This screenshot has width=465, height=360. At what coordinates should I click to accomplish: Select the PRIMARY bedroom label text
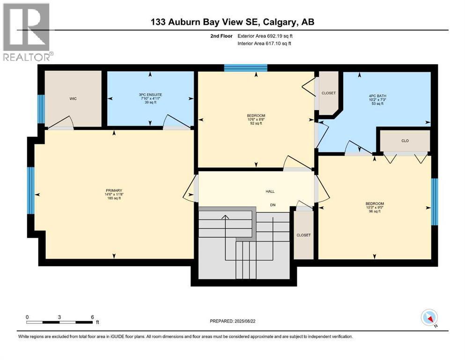[x=114, y=191]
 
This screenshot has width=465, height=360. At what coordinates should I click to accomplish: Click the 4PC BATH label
[x=377, y=96]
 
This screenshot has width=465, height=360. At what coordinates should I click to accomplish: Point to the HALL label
[x=270, y=191]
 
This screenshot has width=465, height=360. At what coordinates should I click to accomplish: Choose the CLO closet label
[x=405, y=140]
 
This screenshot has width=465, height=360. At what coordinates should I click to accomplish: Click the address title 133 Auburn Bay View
[x=232, y=22]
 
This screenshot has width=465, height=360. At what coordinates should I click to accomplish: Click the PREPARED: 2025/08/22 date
[x=233, y=321]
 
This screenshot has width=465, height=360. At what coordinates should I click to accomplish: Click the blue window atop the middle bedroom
[x=245, y=68]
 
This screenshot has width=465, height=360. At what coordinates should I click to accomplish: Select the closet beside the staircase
[x=303, y=234]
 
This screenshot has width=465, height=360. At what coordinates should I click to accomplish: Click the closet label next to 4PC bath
[x=328, y=93]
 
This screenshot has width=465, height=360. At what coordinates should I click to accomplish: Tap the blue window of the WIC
[x=41, y=109]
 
